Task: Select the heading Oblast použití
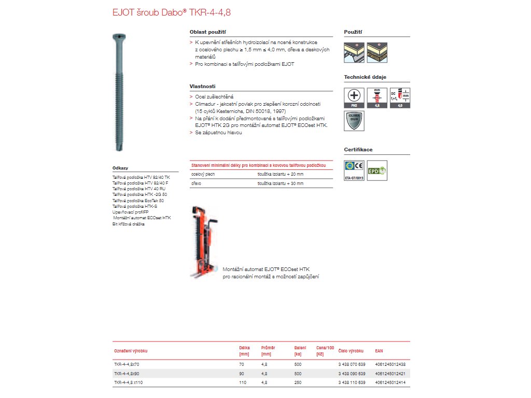pyautogui.click(x=207, y=32)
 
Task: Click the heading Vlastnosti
pyautogui.click(x=202, y=86)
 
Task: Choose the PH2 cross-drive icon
pyautogui.click(x=354, y=97)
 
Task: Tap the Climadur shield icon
pyautogui.click(x=354, y=120)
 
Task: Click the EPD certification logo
pyautogui.click(x=376, y=170)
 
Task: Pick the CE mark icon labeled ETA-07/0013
pyautogui.click(x=354, y=169)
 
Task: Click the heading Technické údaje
pyautogui.click(x=365, y=77)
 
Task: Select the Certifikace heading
pyautogui.click(x=358, y=150)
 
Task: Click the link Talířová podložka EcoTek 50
pyautogui.click(x=138, y=201)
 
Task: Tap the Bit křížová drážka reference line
pyautogui.click(x=128, y=224)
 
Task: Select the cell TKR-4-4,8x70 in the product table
pyautogui.click(x=127, y=364)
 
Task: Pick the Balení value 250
pyautogui.click(x=298, y=382)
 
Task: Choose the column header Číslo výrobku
pyautogui.click(x=351, y=351)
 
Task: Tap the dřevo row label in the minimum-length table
pyautogui.click(x=197, y=183)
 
